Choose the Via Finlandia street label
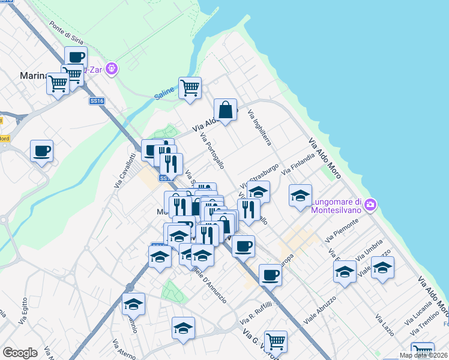(x=298, y=164)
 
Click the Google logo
(x=20, y=353)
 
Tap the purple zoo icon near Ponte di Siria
(x=111, y=69)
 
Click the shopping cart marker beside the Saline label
(x=190, y=88)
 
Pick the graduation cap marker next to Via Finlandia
(x=300, y=196)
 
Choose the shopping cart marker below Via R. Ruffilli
(x=275, y=342)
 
